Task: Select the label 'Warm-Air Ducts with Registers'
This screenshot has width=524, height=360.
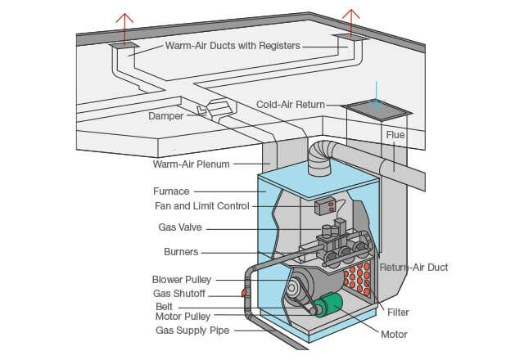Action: pyautogui.click(x=233, y=46)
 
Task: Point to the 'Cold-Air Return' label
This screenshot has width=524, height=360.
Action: pyautogui.click(x=291, y=105)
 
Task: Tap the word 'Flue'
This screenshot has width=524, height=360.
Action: pyautogui.click(x=395, y=134)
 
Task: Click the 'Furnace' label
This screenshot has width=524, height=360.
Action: pyautogui.click(x=169, y=191)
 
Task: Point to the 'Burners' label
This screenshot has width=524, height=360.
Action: pyautogui.click(x=181, y=252)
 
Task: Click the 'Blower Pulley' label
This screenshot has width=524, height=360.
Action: pyautogui.click(x=181, y=280)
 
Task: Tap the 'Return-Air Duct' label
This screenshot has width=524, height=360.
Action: pyautogui.click(x=413, y=268)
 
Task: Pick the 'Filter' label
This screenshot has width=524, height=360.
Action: pyautogui.click(x=398, y=312)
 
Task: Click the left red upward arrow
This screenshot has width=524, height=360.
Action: pyautogui.click(x=124, y=23)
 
